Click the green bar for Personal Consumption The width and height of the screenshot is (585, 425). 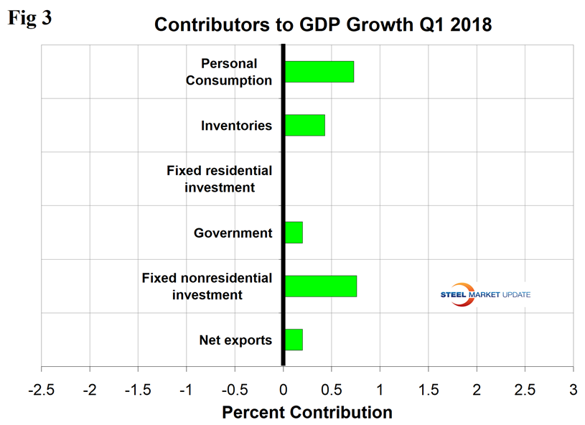(x=319, y=72)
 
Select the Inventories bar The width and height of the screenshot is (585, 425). (x=305, y=125)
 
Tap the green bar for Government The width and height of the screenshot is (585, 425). (x=294, y=233)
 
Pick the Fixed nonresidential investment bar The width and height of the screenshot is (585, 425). (x=321, y=286)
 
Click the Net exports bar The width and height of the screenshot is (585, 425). (x=294, y=340)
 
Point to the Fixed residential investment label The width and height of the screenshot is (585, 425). (x=220, y=179)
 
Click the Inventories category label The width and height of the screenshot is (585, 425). (x=237, y=126)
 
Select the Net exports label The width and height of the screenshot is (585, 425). (x=235, y=340)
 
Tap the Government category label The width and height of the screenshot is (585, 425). (x=233, y=233)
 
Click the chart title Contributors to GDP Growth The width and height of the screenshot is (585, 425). (x=323, y=24)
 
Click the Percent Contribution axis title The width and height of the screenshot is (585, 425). (x=307, y=413)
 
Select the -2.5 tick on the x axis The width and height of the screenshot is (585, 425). (x=42, y=388)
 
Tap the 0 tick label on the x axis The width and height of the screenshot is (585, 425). (x=284, y=388)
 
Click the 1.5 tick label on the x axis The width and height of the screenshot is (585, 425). (x=429, y=388)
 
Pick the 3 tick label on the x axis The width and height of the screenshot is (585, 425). (x=573, y=388)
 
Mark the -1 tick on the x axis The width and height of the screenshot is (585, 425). (x=186, y=388)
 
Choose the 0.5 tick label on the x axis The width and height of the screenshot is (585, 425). (x=332, y=388)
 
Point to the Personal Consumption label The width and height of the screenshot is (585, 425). (x=229, y=72)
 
